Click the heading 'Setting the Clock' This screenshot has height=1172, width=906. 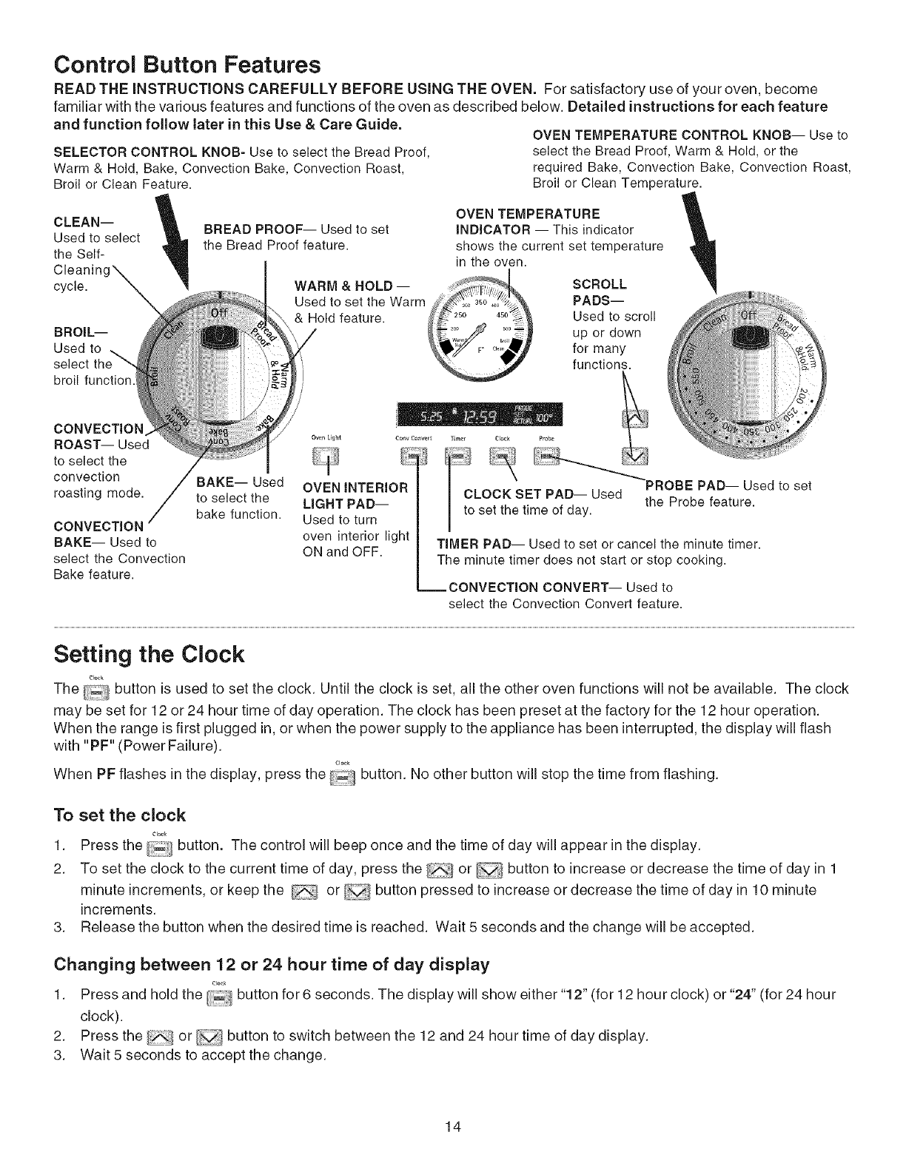(149, 654)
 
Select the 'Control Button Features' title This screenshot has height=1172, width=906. (187, 65)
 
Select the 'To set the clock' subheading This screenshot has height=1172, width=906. (120, 815)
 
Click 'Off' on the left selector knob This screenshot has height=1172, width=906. (220, 312)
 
